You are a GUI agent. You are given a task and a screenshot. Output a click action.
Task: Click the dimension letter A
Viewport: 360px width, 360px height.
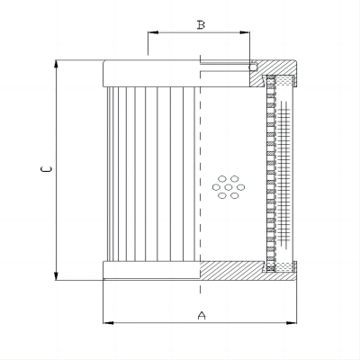[x=202, y=315]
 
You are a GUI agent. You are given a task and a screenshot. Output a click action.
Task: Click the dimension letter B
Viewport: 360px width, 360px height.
[x=201, y=25]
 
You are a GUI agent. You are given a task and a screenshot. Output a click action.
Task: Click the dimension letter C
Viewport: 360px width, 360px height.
[x=47, y=169]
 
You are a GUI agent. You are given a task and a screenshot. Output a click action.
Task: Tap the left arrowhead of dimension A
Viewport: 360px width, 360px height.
[x=108, y=323]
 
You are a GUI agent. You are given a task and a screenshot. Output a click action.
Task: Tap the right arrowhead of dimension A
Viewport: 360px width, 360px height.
[x=292, y=323]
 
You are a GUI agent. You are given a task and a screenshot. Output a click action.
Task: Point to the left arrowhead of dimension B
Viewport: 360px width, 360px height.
[x=153, y=32]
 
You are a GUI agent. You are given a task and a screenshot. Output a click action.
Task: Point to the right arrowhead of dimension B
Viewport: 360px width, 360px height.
[x=245, y=32]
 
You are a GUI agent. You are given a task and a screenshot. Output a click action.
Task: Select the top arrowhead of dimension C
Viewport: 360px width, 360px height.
[x=56, y=65]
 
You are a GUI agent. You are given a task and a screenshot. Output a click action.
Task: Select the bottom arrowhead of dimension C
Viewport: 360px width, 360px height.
[x=56, y=275]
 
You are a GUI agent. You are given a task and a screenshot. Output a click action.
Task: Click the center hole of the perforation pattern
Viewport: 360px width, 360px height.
[x=229, y=187]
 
